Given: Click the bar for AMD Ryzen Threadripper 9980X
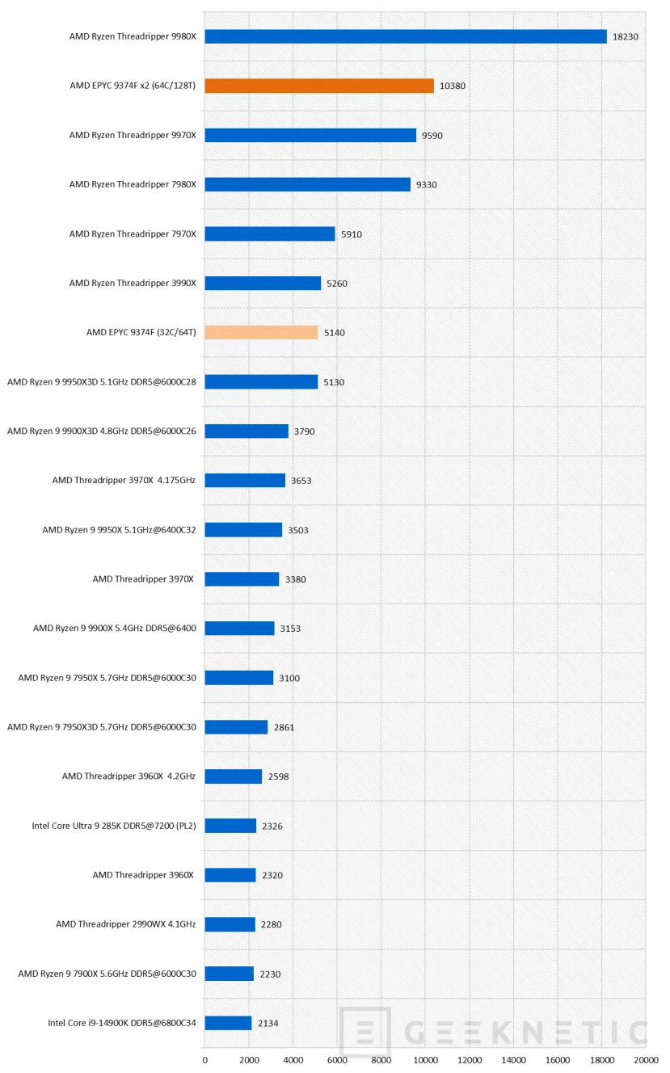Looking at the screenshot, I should tap(405, 36).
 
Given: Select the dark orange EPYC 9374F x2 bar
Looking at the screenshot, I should tap(319, 86).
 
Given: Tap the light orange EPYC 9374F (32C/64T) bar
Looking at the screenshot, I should tap(261, 332).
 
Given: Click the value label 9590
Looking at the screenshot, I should tap(432, 136).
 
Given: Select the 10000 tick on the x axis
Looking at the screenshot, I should tap(425, 1059).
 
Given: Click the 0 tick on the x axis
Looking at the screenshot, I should tap(204, 1059).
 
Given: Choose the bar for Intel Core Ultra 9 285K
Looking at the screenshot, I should tap(230, 826).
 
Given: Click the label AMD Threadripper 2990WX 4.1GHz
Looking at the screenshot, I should tap(126, 924).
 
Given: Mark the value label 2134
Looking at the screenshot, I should tap(268, 1023).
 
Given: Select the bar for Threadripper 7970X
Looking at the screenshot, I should tap(269, 234).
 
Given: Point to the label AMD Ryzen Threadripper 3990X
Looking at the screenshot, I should tap(133, 283).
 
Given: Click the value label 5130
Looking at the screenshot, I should tap(334, 382).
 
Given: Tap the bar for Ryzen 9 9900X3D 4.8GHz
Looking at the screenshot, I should tap(246, 431).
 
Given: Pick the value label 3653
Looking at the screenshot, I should tap(301, 481).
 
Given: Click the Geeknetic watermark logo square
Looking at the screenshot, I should tap(364, 1033).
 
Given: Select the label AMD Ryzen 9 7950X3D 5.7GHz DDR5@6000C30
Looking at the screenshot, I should tap(102, 727).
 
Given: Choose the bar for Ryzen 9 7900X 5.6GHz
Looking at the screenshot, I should tap(229, 974).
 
